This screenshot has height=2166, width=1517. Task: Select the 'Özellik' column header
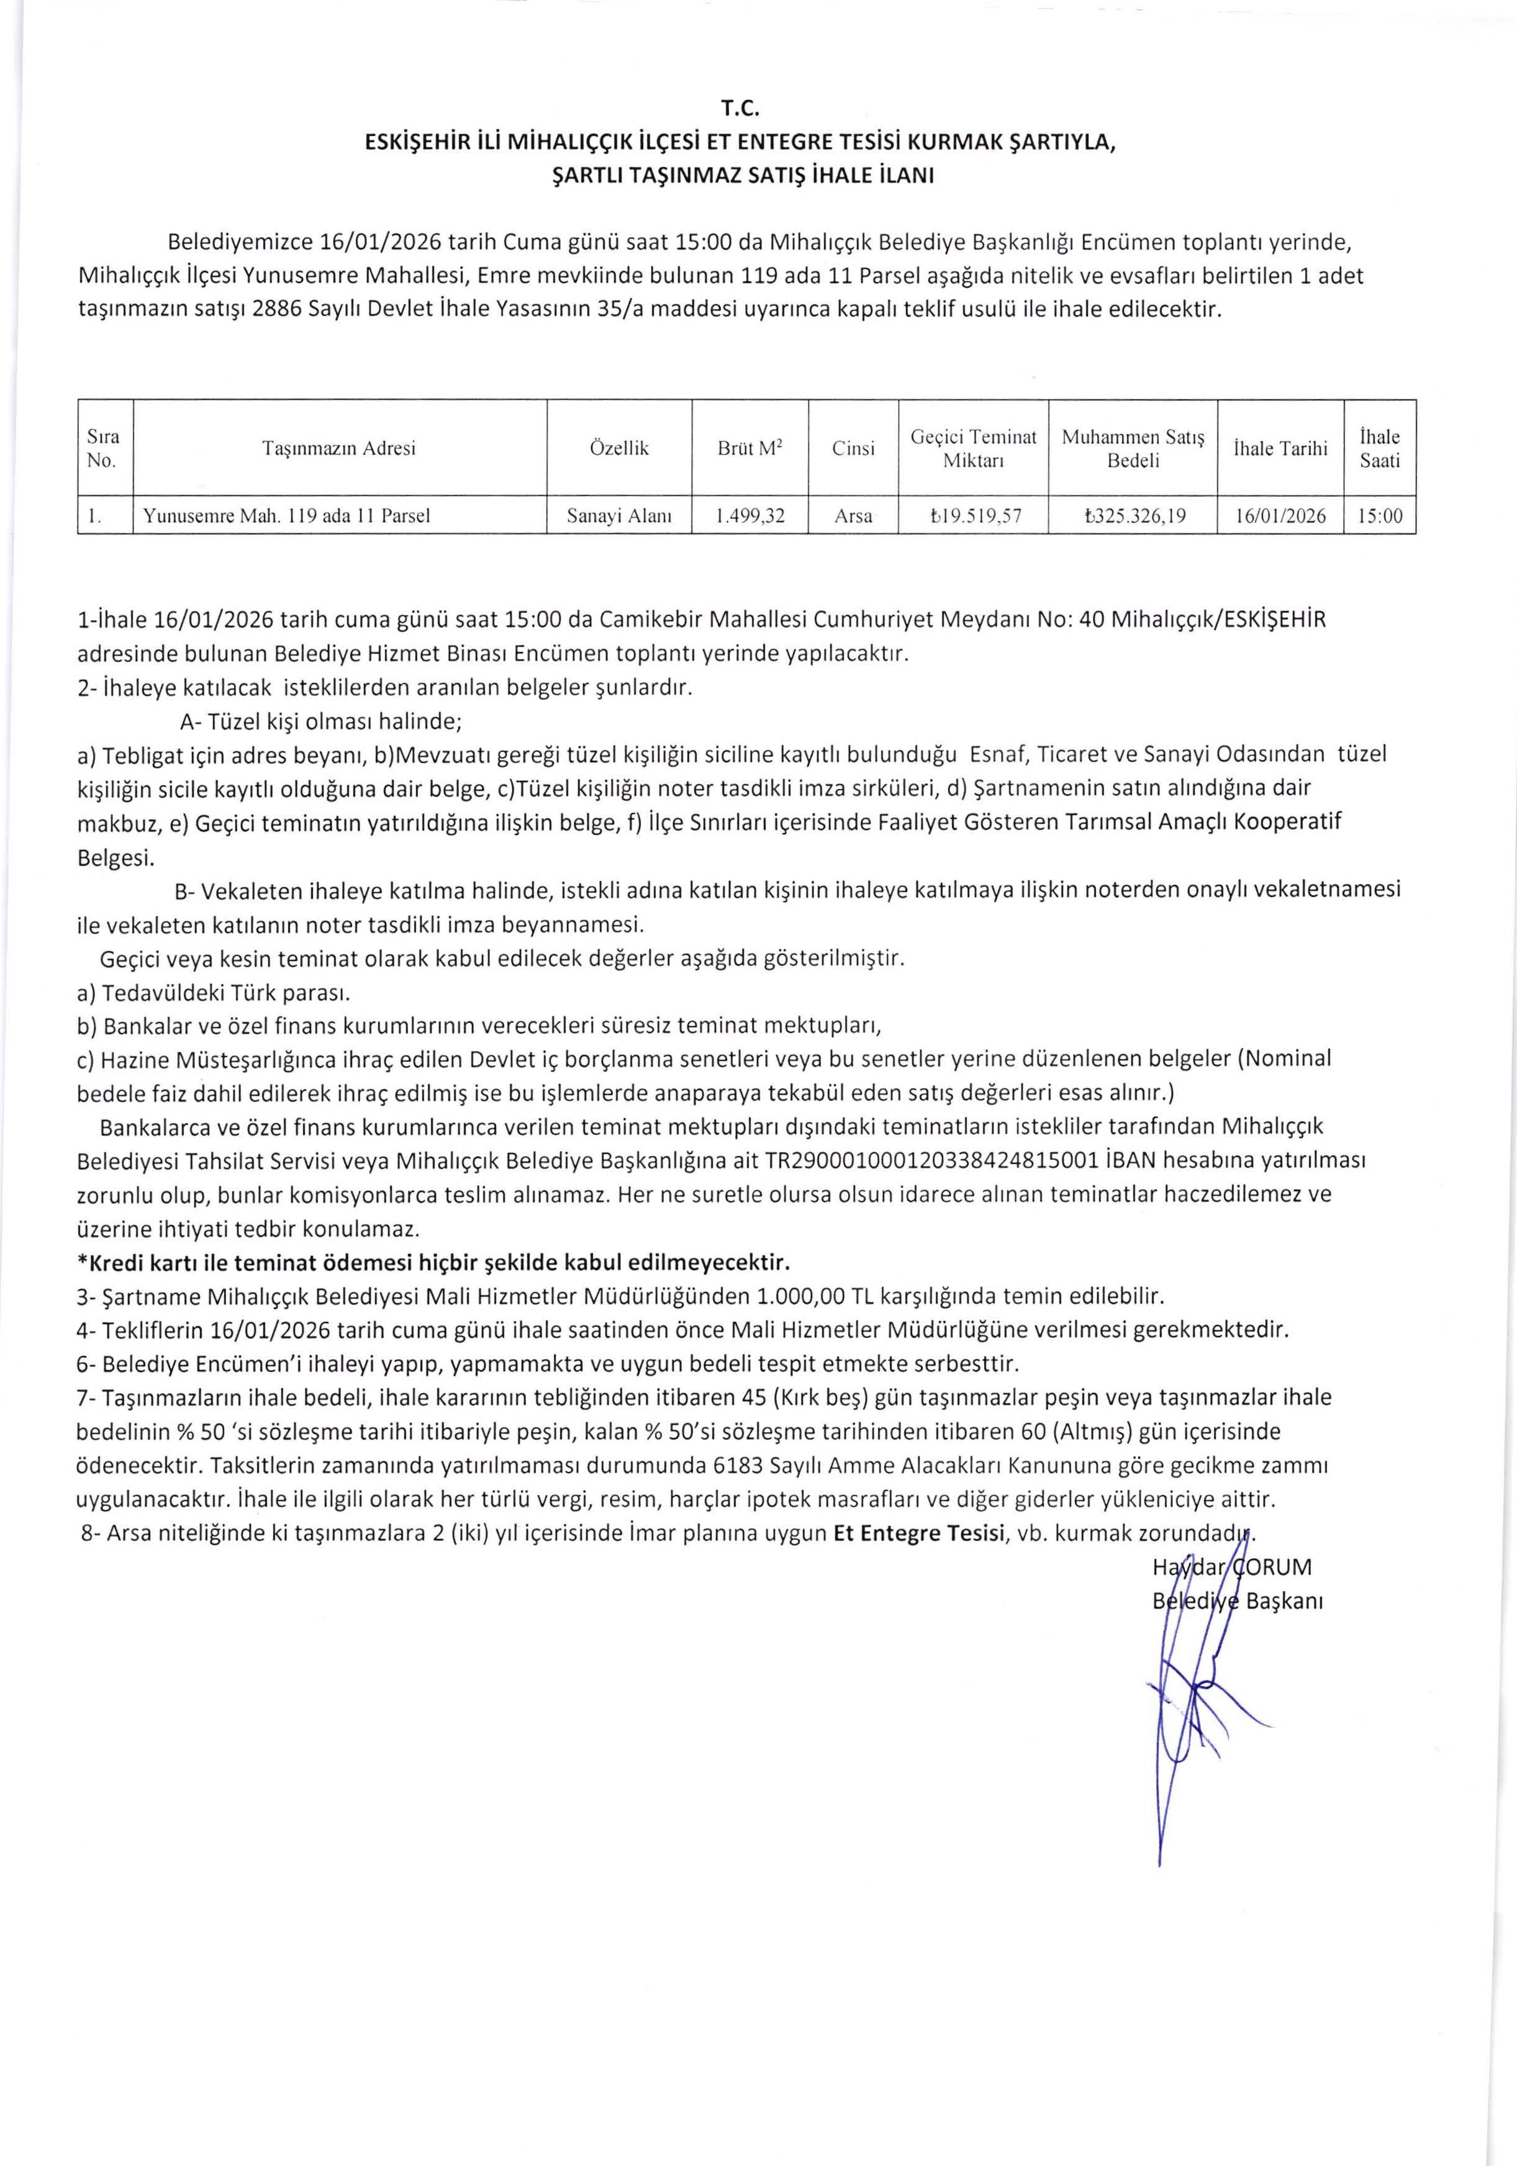[x=619, y=448]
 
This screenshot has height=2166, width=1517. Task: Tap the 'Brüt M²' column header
[x=750, y=448]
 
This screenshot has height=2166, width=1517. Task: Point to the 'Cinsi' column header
[x=853, y=448]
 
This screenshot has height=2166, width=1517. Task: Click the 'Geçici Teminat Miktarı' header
[x=972, y=448]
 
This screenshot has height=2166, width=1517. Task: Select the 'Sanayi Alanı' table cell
[x=619, y=516]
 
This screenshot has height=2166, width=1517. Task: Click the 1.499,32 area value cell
[x=750, y=516]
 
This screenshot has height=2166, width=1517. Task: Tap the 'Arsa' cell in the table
[x=853, y=516]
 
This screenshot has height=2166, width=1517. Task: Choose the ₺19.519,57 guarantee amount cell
[x=972, y=516]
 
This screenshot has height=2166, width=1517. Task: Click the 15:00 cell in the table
[x=1379, y=516]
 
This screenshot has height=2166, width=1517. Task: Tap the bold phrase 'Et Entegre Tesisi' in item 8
[x=918, y=1533]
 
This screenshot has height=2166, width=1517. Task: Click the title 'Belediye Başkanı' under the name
[x=1238, y=1601]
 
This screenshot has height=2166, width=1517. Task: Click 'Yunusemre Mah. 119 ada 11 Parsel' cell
[x=287, y=516]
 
